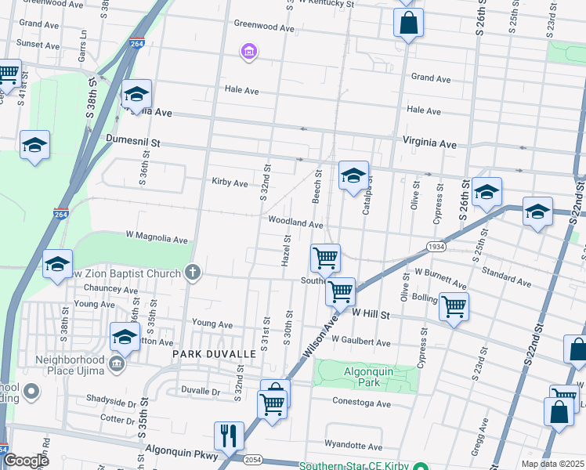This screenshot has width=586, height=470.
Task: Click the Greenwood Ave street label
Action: click(x=264, y=27)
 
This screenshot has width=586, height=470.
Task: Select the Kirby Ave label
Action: click(x=230, y=183)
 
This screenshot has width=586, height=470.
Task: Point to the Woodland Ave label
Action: click(x=295, y=223)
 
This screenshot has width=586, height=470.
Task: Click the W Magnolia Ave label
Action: click(x=157, y=238)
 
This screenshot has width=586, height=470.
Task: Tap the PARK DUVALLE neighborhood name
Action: click(x=214, y=354)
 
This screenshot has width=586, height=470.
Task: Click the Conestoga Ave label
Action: click(x=361, y=403)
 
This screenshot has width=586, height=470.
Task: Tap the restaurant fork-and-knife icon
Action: click(x=229, y=435)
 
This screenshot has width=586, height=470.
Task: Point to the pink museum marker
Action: click(x=249, y=52)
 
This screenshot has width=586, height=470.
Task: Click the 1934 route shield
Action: click(x=437, y=246)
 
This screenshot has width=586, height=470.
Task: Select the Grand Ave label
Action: click(x=431, y=78)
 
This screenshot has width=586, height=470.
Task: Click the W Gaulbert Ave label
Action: click(x=360, y=342)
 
